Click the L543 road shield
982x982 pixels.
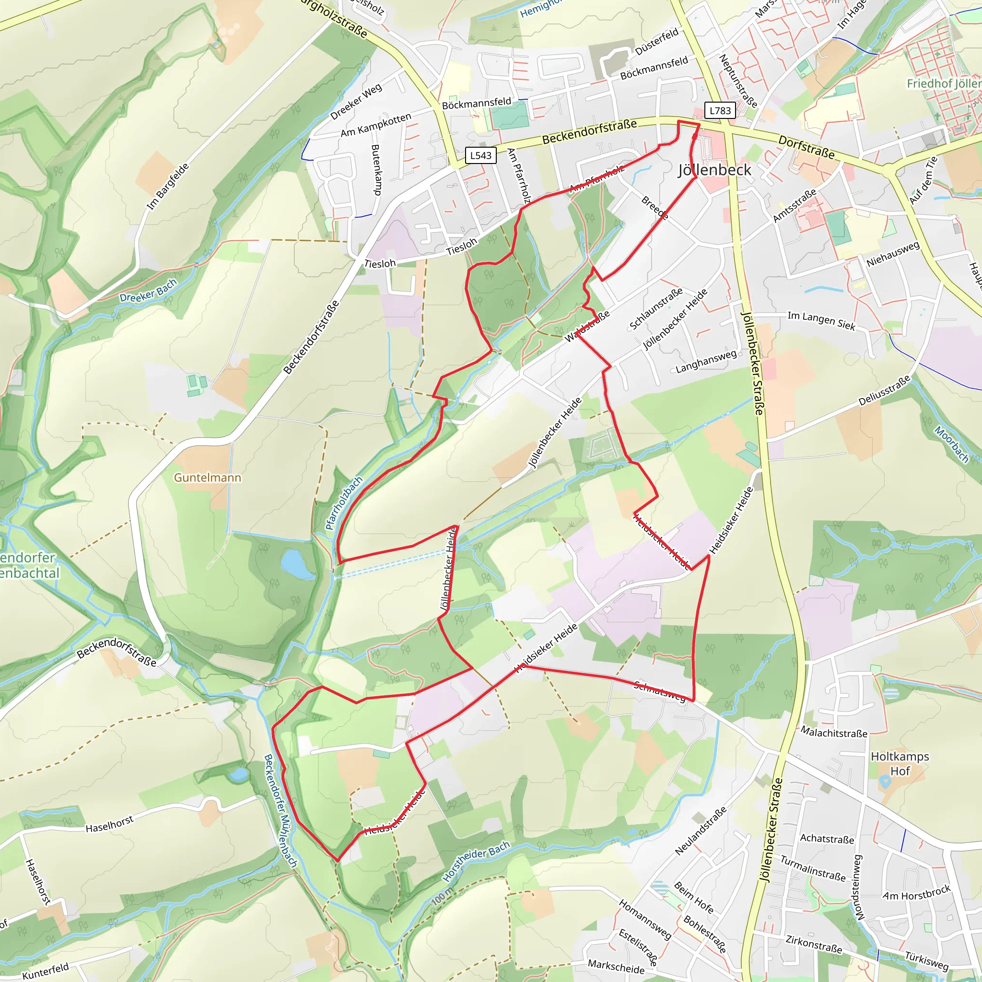(480, 155)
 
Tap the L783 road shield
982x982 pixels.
(720, 110)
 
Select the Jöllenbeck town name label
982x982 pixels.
(714, 170)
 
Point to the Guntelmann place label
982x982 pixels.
(207, 477)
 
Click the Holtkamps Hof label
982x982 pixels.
(900, 763)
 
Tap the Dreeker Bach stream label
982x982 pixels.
(149, 290)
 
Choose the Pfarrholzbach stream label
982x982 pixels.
(344, 503)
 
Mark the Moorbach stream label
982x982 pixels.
(951, 444)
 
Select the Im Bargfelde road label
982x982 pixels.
(168, 187)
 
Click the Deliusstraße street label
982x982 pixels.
(884, 391)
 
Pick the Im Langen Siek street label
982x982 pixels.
(821, 321)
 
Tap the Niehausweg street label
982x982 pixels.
(893, 254)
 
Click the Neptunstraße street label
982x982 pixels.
(738, 81)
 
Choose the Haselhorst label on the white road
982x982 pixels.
(109, 824)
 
